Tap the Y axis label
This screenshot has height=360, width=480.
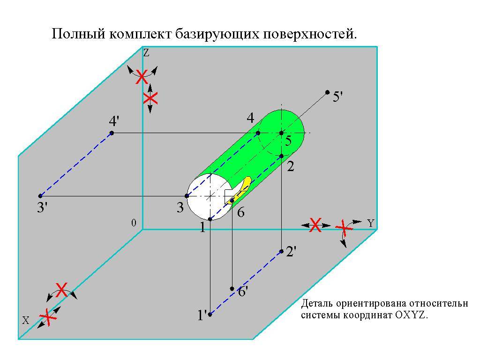pyautogui.click(x=371, y=224)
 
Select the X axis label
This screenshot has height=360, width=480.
pyautogui.click(x=26, y=321)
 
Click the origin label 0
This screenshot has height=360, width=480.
pyautogui.click(x=134, y=224)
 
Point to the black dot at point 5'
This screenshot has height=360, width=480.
pyautogui.click(x=327, y=92)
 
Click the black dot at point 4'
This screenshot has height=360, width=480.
pyautogui.click(x=112, y=133)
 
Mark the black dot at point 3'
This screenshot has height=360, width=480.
pyautogui.click(x=40, y=196)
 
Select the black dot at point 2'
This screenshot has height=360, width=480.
pyautogui.click(x=281, y=251)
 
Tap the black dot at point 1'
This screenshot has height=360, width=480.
pyautogui.click(x=210, y=314)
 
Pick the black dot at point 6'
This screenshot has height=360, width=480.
pyautogui.click(x=232, y=289)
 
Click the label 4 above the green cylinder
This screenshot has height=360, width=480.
pyautogui.click(x=250, y=117)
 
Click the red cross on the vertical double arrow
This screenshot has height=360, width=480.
pyautogui.click(x=150, y=98)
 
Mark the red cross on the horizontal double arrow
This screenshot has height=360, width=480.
pyautogui.click(x=315, y=225)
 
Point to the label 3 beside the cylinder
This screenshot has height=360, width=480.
pyautogui.click(x=180, y=207)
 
